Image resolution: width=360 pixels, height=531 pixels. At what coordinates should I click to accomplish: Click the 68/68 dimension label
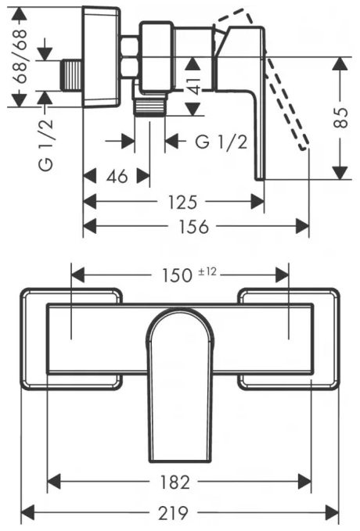tap(20, 56)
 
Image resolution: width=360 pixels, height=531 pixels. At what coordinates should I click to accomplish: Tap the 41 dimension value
tap(194, 86)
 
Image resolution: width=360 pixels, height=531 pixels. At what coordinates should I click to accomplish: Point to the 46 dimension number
tap(117, 177)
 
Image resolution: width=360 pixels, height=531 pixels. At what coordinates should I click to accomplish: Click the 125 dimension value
tap(182, 203)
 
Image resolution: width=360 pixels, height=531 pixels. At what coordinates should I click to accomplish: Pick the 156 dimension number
tap(194, 227)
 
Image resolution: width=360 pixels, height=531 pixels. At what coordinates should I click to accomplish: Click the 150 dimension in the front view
tap(177, 275)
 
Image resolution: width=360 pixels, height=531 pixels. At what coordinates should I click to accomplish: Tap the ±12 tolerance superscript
tap(207, 271)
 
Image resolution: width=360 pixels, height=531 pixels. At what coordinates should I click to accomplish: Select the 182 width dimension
tap(175, 483)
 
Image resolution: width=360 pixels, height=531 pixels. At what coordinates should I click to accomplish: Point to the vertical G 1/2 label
tap(46, 145)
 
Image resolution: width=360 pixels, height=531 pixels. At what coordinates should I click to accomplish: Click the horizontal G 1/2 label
tap(221, 142)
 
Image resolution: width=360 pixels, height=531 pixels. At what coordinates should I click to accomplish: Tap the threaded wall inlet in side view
tap(72, 75)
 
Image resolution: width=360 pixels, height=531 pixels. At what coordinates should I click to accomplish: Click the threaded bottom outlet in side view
tap(149, 107)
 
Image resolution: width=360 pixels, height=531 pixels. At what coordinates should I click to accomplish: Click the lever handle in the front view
tap(181, 368)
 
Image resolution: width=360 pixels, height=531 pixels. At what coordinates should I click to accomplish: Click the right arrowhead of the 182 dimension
tap(304, 482)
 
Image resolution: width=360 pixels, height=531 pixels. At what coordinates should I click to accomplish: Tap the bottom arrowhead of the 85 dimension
tap(340, 172)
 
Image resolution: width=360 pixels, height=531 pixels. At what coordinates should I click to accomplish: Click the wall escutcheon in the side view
tap(102, 56)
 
